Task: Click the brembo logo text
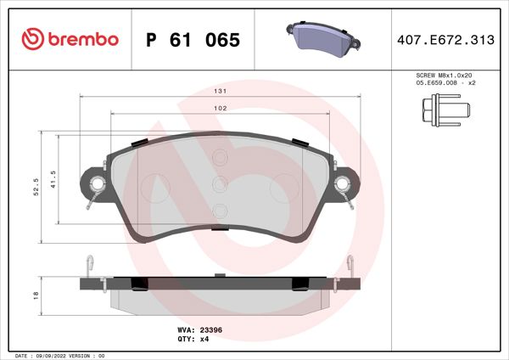pos(82,40)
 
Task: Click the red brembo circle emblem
pos(32,40)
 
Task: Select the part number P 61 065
pos(193,40)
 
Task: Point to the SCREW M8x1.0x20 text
pos(444,76)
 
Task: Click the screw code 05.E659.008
pos(433,84)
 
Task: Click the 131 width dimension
pos(219,90)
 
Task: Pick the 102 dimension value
pos(219,108)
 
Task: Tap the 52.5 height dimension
pos(35,186)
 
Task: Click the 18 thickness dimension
pos(35,295)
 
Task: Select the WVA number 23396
pos(210,330)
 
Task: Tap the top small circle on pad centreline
pos(220,157)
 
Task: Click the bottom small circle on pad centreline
pos(220,211)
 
